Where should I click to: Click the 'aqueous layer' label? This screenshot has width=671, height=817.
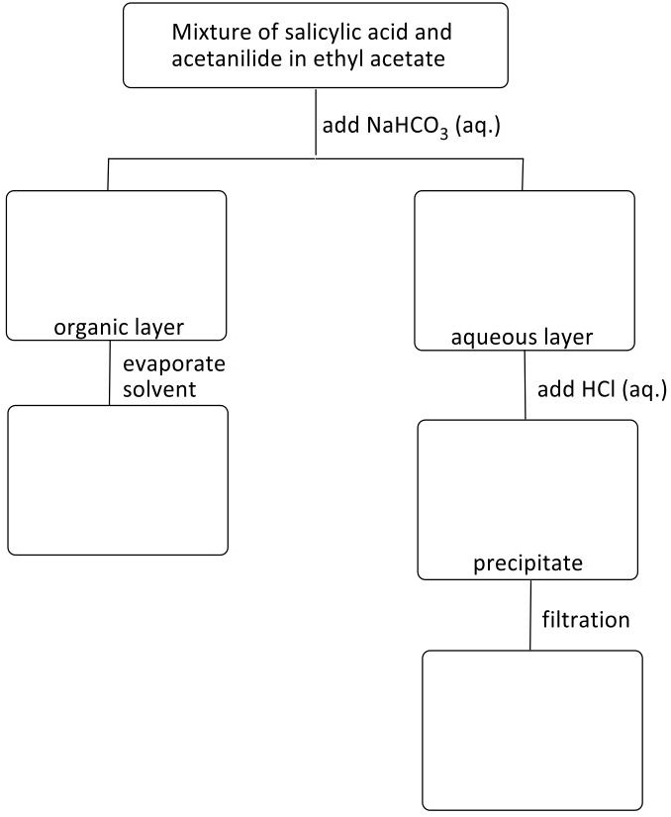click(523, 338)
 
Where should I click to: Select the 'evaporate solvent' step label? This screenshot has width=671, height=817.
click(173, 376)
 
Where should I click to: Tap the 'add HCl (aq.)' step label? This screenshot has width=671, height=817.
click(602, 388)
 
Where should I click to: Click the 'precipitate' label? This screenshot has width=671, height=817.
click(527, 563)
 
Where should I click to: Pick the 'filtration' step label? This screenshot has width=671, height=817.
click(586, 621)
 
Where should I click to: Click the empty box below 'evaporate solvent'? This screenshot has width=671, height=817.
click(118, 479)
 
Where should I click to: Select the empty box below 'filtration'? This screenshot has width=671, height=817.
click(532, 730)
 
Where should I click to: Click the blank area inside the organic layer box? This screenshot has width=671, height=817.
click(116, 253)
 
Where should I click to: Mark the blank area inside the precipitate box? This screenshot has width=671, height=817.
click(527, 485)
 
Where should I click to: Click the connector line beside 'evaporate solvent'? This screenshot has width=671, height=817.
click(109, 373)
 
